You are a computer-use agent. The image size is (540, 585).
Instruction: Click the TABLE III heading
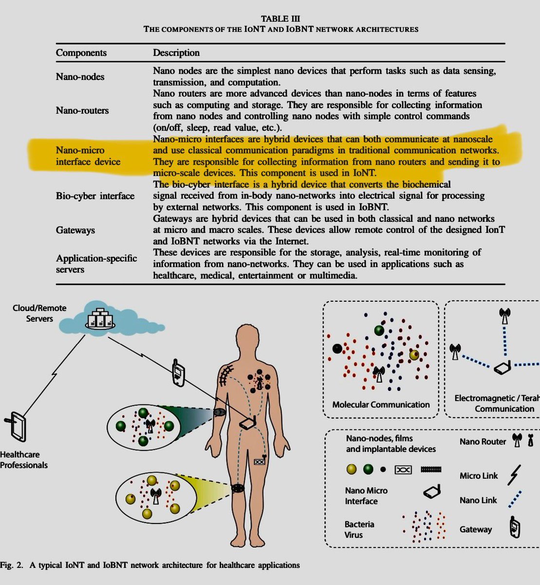[x=281, y=19]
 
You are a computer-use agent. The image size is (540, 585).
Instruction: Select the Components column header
[x=81, y=53]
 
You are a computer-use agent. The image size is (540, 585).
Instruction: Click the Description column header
[x=176, y=53]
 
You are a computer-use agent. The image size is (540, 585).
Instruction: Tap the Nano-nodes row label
[x=80, y=77]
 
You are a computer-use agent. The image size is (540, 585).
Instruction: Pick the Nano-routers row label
[x=82, y=110]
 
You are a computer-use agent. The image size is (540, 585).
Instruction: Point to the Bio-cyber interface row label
[x=95, y=196]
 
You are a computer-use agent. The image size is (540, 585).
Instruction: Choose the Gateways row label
[x=75, y=230]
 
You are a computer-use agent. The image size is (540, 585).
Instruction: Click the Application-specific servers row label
[x=96, y=264]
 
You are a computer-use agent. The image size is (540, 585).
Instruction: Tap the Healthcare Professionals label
[x=23, y=460]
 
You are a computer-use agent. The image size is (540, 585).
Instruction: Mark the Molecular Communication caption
[x=381, y=405]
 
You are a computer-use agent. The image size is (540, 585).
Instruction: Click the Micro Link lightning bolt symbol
[x=514, y=475]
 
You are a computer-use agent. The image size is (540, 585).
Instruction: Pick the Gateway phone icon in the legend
[x=515, y=528]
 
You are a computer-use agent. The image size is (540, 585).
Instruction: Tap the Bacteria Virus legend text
[x=359, y=529]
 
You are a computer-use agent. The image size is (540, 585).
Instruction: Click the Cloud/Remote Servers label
[x=39, y=313]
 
